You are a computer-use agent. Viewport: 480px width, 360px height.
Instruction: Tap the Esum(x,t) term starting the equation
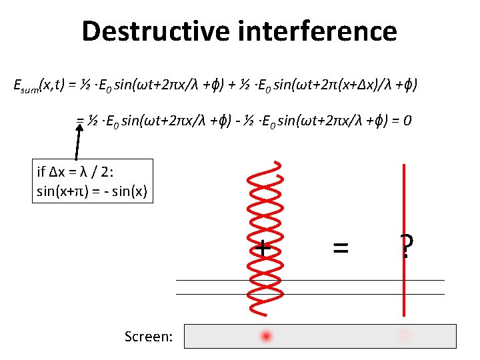click(40, 85)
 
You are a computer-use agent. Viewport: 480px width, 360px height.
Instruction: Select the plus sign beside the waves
click(264, 248)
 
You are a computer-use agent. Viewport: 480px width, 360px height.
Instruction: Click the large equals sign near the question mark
click(340, 248)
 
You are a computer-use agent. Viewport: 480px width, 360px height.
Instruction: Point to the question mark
click(405, 247)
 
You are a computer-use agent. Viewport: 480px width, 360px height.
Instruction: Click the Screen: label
click(148, 337)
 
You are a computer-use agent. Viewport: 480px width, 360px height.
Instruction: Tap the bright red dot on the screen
click(267, 336)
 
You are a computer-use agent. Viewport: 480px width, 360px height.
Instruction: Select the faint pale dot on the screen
click(403, 336)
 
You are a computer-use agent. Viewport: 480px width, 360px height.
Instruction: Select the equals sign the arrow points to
click(80, 121)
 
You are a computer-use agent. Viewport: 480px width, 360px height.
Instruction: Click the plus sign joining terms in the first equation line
click(245, 85)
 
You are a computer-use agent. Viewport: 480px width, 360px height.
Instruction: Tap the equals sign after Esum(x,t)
click(71, 85)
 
